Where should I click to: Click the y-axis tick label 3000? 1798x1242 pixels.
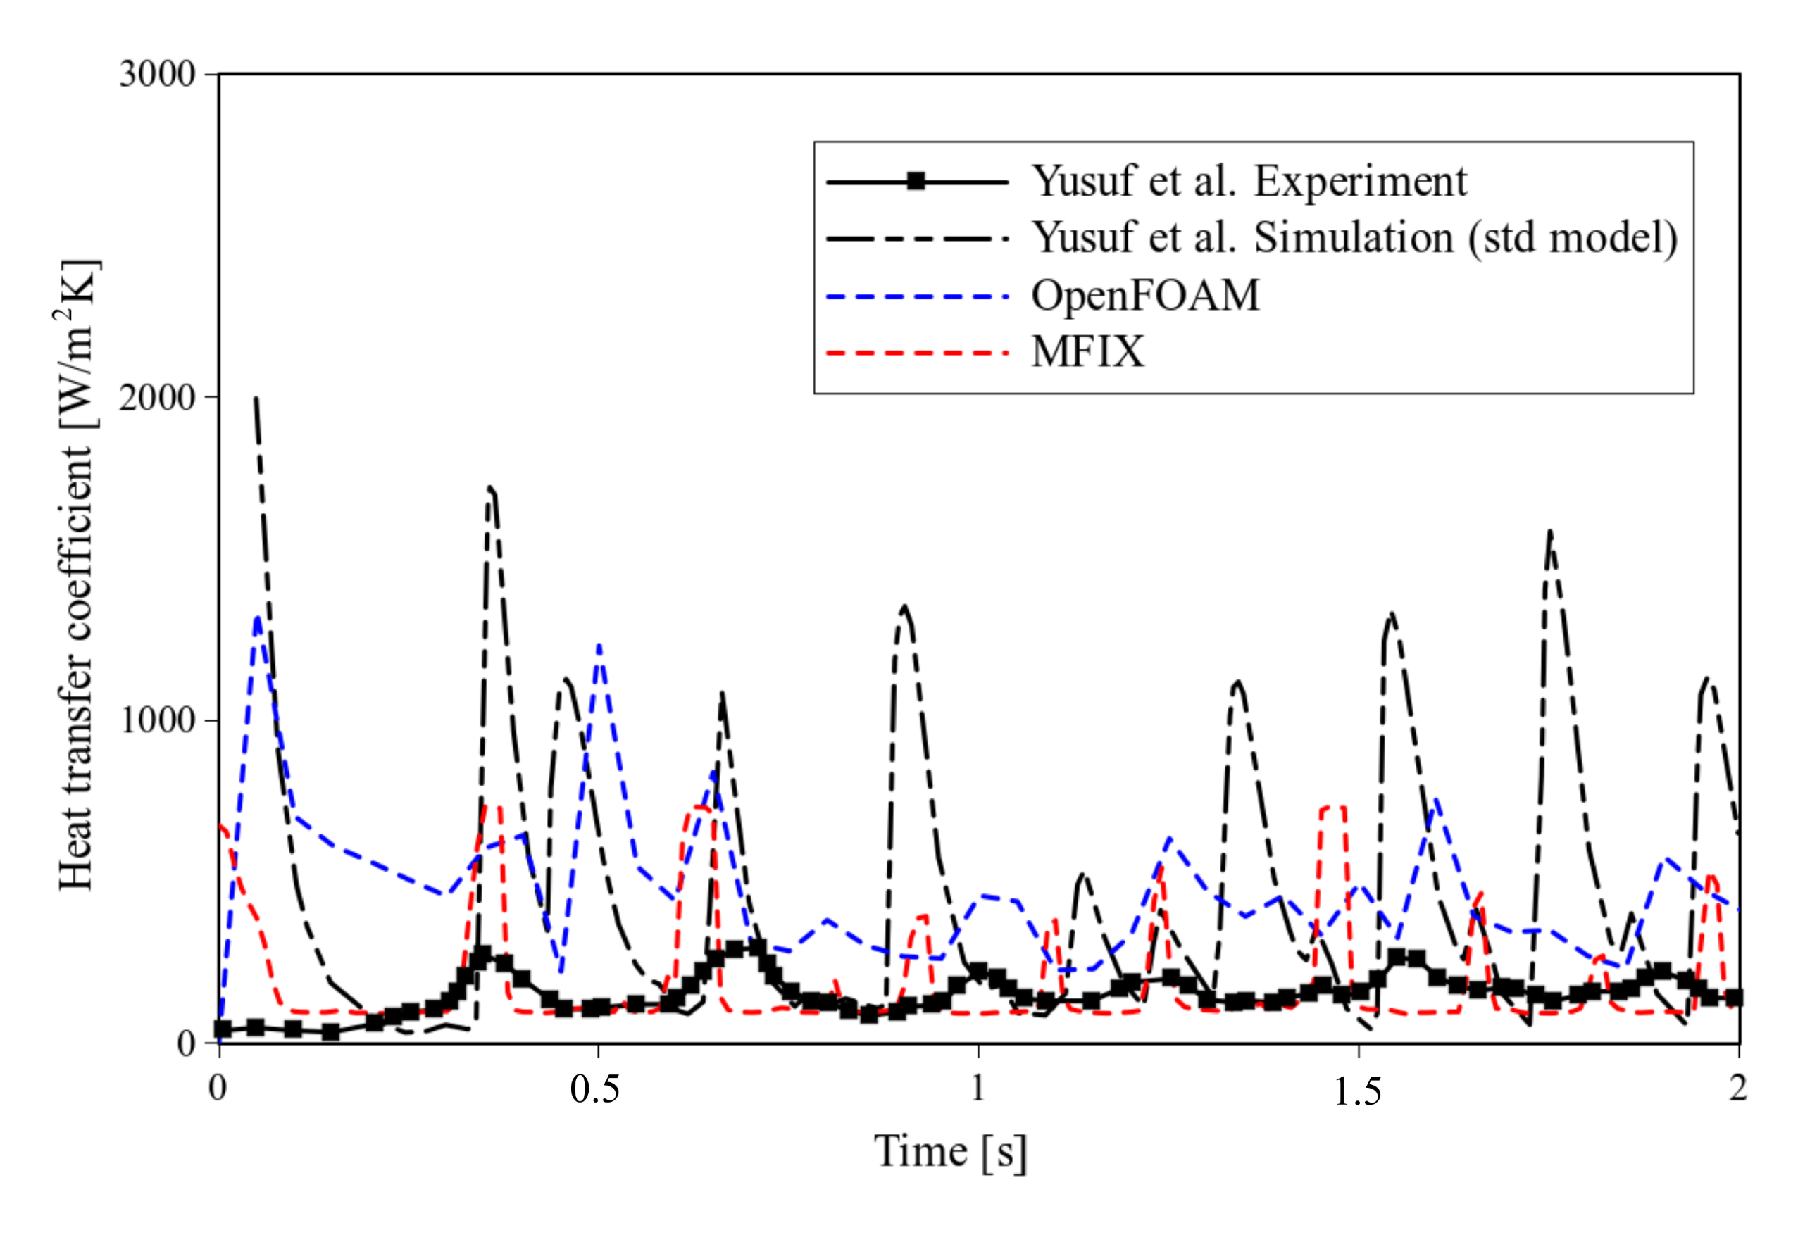click(x=156, y=75)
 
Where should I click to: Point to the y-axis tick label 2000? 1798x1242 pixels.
click(x=156, y=399)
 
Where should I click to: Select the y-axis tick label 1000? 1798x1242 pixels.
click(x=156, y=720)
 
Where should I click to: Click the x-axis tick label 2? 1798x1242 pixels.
click(x=1738, y=1088)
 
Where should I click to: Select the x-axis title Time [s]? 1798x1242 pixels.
click(x=950, y=1153)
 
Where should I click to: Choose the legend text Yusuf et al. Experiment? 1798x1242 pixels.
click(x=1249, y=182)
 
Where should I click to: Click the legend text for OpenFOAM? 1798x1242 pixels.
click(x=1145, y=296)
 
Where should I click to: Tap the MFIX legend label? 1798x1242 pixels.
click(x=1087, y=353)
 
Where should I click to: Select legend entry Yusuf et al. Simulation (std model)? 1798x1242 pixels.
click(x=1354, y=237)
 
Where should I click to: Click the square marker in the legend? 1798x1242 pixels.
click(x=916, y=182)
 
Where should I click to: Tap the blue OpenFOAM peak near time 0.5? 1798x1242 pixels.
click(x=599, y=646)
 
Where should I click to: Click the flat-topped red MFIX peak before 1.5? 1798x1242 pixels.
click(x=1332, y=808)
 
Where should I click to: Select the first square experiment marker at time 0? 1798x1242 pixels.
click(x=223, y=1029)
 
